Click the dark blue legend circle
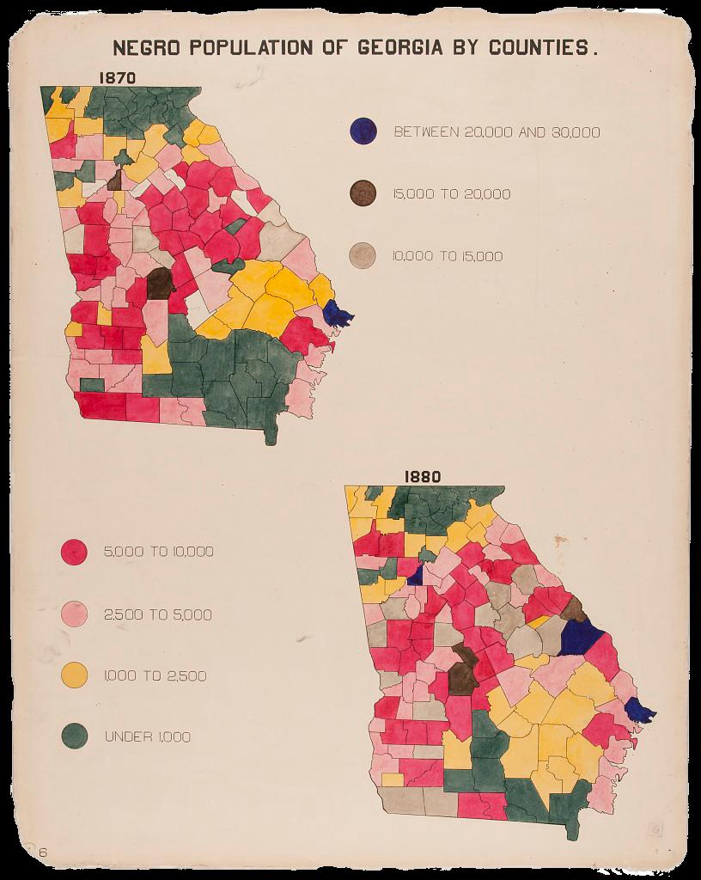pos(363,131)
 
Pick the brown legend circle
pos(363,193)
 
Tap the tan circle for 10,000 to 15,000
pos(363,255)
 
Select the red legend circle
pos(75,552)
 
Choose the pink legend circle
pos(75,614)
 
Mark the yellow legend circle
pos(75,675)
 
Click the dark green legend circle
pos(75,736)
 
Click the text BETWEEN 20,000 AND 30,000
pos(497,132)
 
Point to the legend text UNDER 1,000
pos(147,736)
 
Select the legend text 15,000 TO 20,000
pos(452,194)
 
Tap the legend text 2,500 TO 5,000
pos(157,614)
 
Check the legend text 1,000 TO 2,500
pos(155,675)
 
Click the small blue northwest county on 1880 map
pos(415,575)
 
